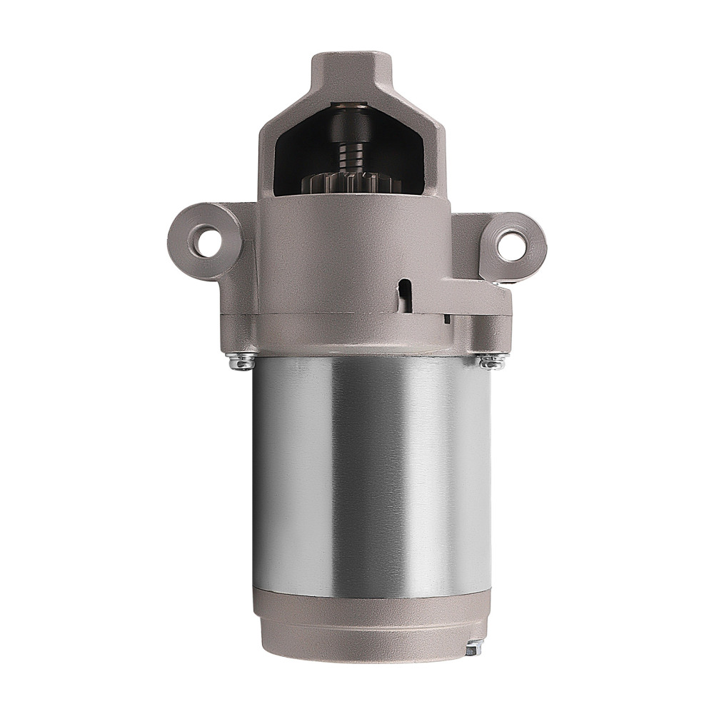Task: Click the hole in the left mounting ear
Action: (206, 241)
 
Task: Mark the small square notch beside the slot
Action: (446, 318)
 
